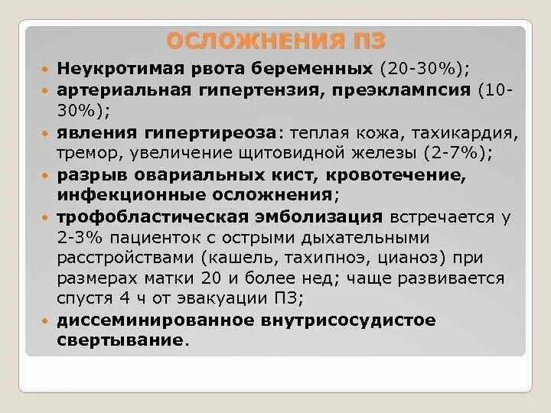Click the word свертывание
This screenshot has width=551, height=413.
pyautogui.click(x=120, y=340)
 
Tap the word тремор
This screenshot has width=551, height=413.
pyautogui.click(x=85, y=152)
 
